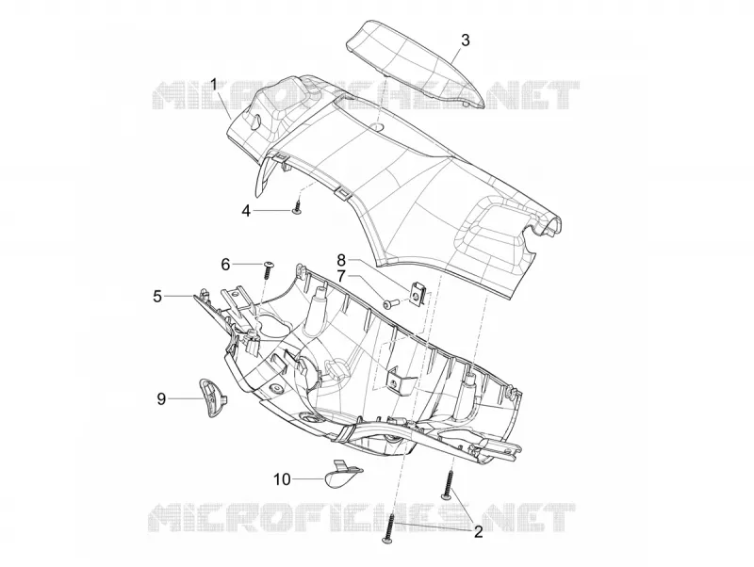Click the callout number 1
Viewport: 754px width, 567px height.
pos(214,85)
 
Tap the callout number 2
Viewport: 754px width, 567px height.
pos(478,532)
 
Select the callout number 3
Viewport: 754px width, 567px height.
pos(465,40)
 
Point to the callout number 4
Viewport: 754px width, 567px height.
pos(246,211)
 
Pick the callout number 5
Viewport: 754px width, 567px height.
pos(157,297)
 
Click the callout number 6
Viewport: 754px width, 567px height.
pos(225,264)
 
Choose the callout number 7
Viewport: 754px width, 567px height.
pos(340,276)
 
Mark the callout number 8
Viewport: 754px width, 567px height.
pos(340,260)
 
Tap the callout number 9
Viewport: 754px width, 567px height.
pos(161,398)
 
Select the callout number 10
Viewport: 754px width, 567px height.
pos(282,479)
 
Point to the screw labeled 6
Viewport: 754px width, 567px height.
pos(268,270)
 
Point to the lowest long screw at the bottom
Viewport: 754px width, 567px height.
pos(389,528)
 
